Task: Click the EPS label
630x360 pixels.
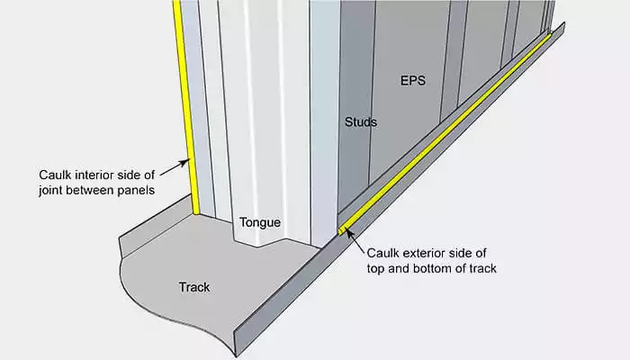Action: pos(413,79)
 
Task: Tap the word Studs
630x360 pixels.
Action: pos(361,121)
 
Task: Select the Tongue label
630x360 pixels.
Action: pos(261,221)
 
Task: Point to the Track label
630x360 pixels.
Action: pos(193,288)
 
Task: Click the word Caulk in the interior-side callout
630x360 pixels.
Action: pos(56,174)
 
